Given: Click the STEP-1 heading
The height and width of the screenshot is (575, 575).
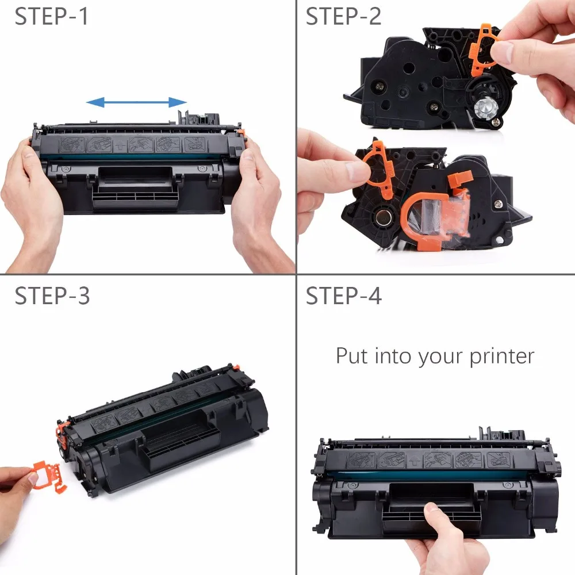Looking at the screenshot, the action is [x=51, y=17].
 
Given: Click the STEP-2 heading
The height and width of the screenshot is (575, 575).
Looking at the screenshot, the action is [x=343, y=17].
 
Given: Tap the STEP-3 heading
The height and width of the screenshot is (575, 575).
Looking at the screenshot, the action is [x=52, y=296].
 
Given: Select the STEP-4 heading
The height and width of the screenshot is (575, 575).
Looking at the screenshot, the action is [x=344, y=296].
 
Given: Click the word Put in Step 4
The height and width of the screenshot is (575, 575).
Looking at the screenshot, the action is [x=352, y=355].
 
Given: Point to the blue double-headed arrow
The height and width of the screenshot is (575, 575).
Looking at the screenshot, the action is [x=136, y=102].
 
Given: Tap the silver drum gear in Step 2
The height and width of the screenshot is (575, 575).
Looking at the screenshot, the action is [x=486, y=107].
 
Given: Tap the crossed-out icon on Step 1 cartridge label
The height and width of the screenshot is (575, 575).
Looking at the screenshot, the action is [x=195, y=144].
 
